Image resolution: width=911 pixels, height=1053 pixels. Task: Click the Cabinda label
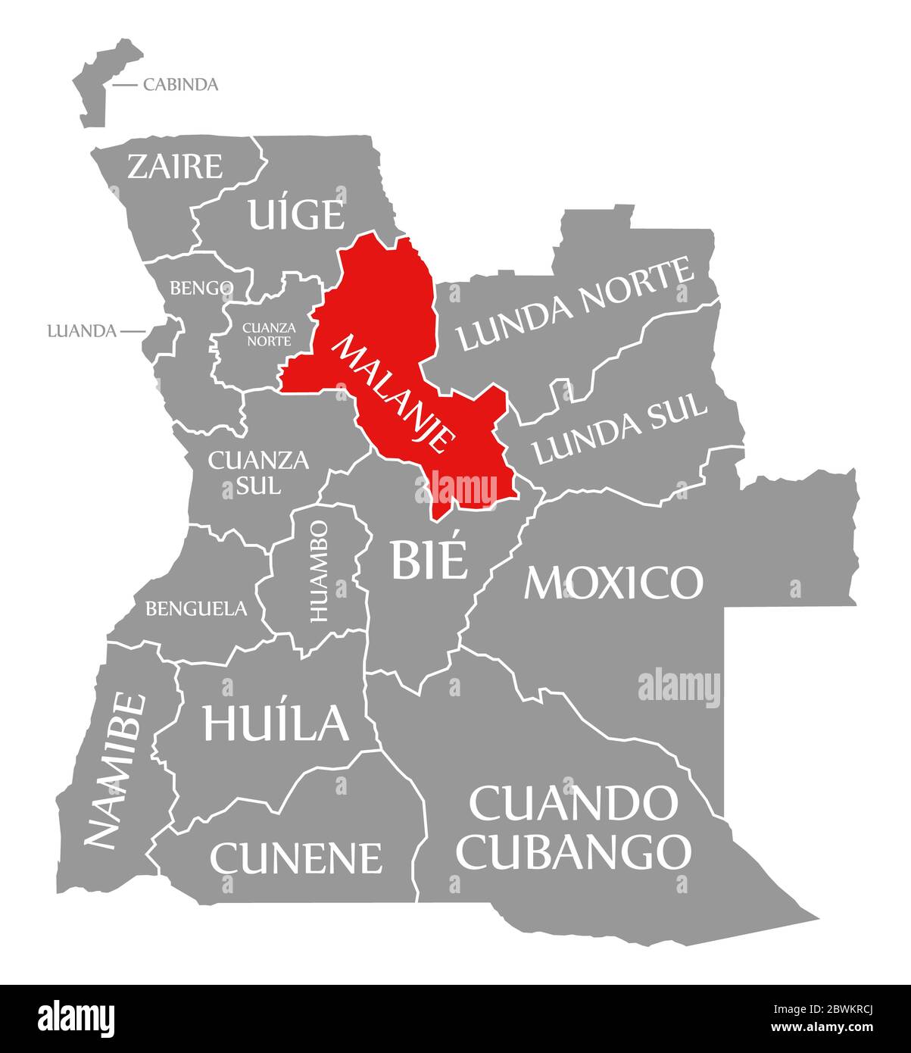(180, 84)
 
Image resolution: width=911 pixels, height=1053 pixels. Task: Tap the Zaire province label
(175, 166)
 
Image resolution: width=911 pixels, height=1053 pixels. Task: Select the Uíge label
(296, 214)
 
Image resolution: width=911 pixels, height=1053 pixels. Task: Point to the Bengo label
(201, 288)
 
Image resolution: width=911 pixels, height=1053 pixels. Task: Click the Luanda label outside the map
(81, 331)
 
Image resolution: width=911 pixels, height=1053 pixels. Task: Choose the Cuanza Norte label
(267, 334)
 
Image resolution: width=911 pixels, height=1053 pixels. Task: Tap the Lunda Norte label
(576, 305)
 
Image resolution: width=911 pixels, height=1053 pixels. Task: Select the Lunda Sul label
(620, 429)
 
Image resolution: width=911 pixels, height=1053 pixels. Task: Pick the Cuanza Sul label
(248, 471)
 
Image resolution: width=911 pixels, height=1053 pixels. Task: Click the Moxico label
(613, 582)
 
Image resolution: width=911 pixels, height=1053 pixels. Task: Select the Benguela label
(196, 608)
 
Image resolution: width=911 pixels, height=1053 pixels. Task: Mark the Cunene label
(296, 857)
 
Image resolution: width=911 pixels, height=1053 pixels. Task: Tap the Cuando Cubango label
(575, 827)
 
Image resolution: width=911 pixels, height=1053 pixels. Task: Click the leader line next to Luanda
(133, 331)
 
